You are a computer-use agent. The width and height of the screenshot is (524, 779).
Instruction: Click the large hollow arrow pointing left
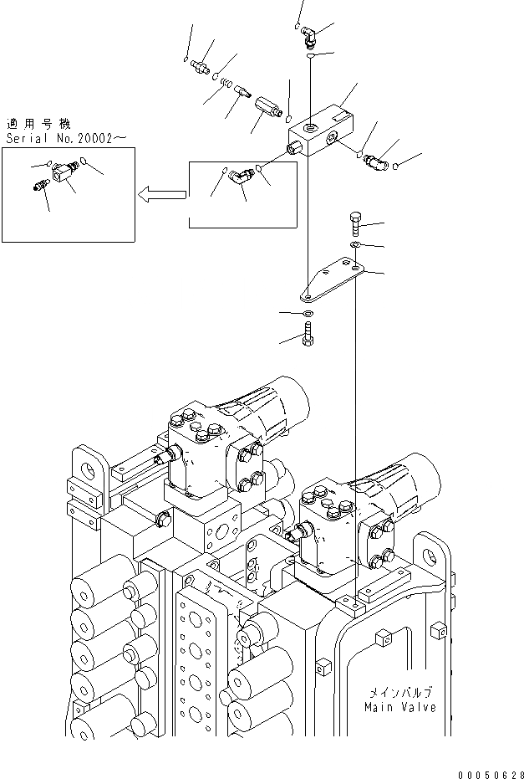[161, 196]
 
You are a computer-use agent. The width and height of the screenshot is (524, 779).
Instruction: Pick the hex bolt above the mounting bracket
[354, 225]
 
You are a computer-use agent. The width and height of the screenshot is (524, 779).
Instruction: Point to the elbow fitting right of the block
[374, 159]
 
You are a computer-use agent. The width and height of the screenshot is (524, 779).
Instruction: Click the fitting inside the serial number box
[60, 174]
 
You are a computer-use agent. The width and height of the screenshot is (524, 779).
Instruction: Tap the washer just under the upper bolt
[356, 244]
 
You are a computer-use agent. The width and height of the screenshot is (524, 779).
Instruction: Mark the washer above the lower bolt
[308, 313]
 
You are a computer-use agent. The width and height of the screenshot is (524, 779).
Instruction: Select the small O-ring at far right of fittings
[395, 165]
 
